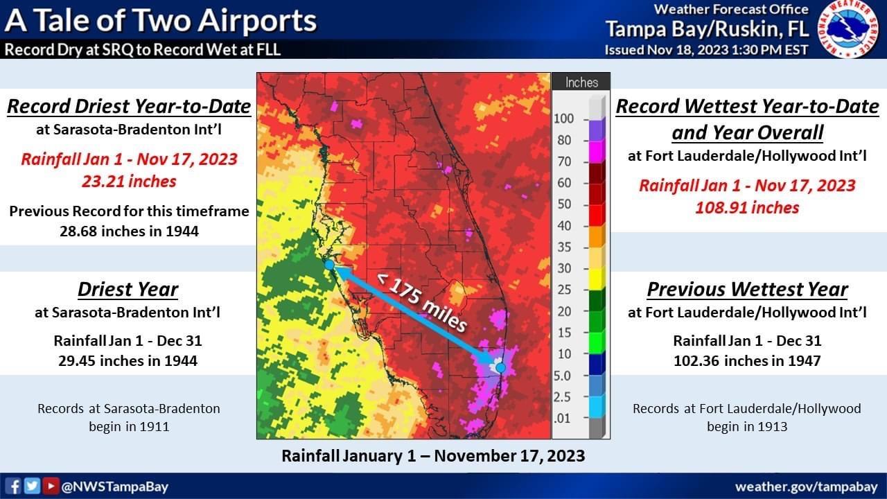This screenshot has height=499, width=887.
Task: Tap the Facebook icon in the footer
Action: coord(12,486)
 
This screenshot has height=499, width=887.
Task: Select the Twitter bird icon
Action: coord(32,486)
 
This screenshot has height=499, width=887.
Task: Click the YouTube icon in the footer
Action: coord(51,486)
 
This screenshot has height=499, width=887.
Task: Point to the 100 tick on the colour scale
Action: coord(564,119)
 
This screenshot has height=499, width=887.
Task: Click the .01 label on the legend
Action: coord(563,418)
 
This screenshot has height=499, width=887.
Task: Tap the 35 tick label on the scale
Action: coord(564,247)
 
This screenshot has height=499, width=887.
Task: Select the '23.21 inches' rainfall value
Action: coord(129,182)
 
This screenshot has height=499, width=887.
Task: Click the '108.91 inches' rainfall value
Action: coord(747,208)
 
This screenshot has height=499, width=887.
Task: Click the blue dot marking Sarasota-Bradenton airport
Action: coord(329,265)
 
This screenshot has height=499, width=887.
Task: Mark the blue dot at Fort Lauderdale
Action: coord(501,367)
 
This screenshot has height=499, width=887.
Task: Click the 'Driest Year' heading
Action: coord(128,290)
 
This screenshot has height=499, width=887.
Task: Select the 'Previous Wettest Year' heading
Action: coord(747,290)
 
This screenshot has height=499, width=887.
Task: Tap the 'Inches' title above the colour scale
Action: coord(581,82)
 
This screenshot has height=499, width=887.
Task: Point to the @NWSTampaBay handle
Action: coord(115,487)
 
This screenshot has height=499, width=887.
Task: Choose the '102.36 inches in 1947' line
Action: coord(747,361)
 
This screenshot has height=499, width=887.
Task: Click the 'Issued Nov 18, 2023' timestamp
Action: coord(706,50)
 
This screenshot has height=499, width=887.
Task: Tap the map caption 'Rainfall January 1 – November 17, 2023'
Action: coord(433,456)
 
